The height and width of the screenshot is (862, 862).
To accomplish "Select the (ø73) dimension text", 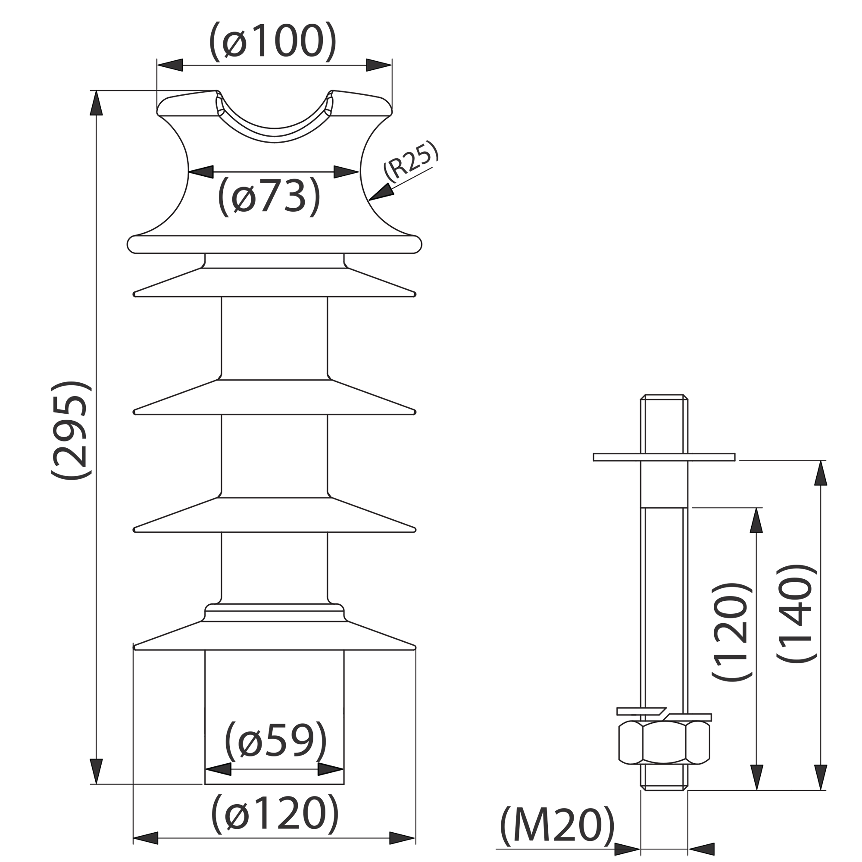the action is (x=269, y=196).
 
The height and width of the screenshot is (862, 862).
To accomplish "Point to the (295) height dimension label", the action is (x=72, y=431).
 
